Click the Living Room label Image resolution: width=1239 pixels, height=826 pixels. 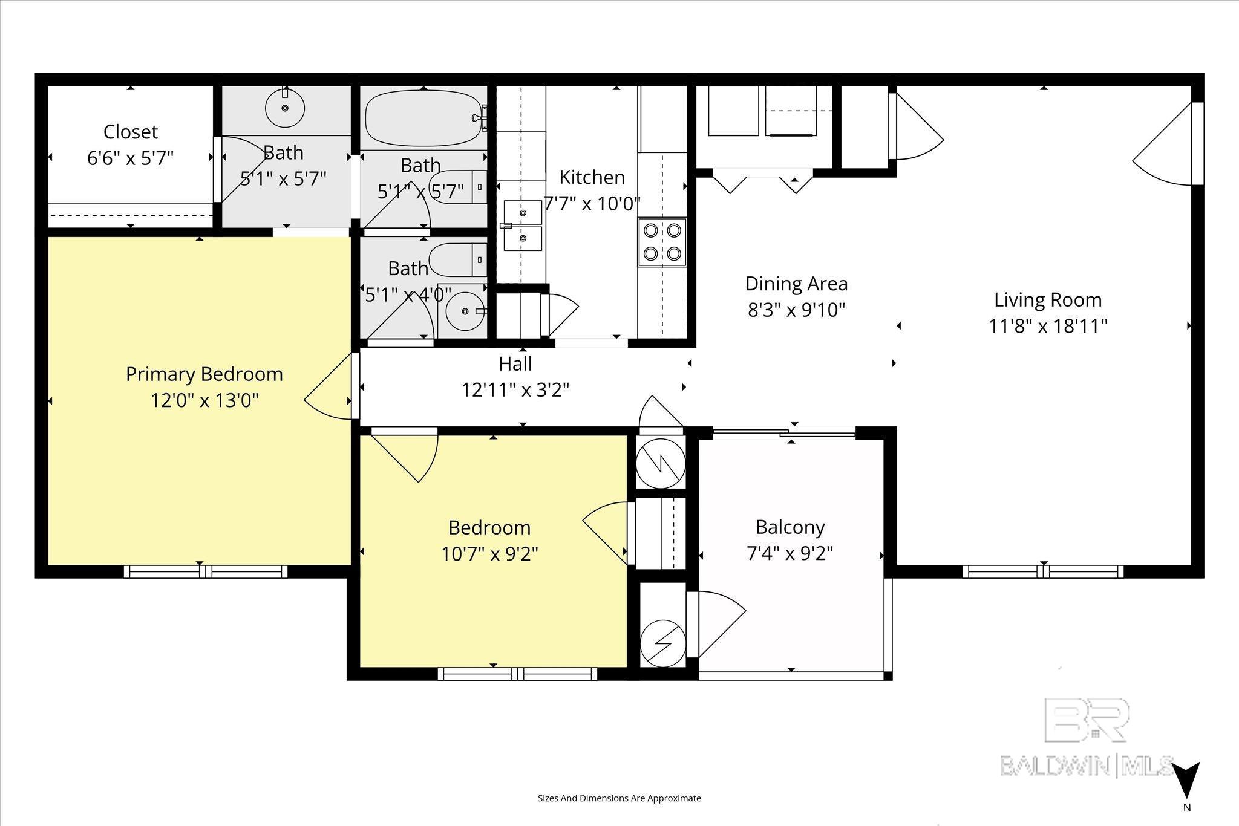pyautogui.click(x=1048, y=300)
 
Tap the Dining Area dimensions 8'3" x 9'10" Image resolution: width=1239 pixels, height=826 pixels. pyautogui.click(x=796, y=310)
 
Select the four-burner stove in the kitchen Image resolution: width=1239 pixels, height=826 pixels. pyautogui.click(x=662, y=242)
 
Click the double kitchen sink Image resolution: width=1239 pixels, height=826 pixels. pyautogui.click(x=523, y=226)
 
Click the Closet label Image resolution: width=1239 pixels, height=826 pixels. pyautogui.click(x=131, y=132)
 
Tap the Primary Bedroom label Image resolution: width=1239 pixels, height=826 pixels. pyautogui.click(x=204, y=374)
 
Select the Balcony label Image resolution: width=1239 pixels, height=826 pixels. pyautogui.click(x=790, y=527)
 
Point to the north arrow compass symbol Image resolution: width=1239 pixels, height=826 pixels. pyautogui.click(x=1186, y=788)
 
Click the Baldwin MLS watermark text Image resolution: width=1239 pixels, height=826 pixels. pyautogui.click(x=1087, y=766)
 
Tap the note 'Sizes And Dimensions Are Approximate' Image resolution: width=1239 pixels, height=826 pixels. pyautogui.click(x=619, y=798)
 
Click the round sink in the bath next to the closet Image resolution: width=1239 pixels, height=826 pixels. pyautogui.click(x=285, y=108)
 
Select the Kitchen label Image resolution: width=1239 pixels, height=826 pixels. pyautogui.click(x=592, y=177)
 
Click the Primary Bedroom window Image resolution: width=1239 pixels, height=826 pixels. pyautogui.click(x=206, y=571)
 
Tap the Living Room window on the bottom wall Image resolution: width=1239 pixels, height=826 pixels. pyautogui.click(x=1044, y=571)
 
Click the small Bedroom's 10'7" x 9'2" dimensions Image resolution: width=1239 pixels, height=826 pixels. pyautogui.click(x=490, y=554)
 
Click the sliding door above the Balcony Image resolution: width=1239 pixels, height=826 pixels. pyautogui.click(x=784, y=432)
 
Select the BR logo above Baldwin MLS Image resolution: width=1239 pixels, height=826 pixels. pyautogui.click(x=1087, y=720)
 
